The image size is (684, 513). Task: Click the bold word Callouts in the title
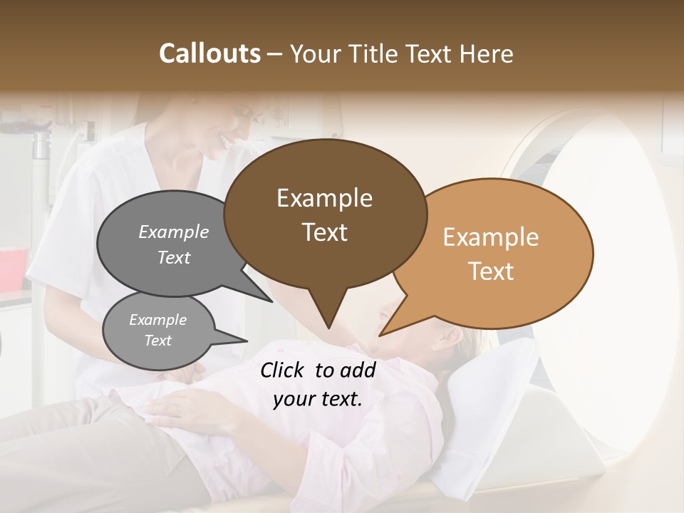pos(209,53)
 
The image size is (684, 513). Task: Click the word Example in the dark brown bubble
pos(324,198)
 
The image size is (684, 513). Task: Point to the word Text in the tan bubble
pos(491,271)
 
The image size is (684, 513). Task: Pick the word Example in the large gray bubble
pos(173,232)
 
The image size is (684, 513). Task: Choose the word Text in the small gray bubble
pos(157,341)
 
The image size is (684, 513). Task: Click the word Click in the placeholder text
pos(284,370)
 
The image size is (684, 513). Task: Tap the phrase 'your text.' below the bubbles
pos(318,399)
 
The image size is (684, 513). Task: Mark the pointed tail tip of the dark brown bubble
pos(328,328)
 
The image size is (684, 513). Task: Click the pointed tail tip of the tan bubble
pos(380,335)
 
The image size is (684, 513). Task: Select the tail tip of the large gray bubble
pos(271,301)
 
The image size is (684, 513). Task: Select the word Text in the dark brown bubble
pos(324,232)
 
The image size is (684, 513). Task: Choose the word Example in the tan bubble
pos(491,237)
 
